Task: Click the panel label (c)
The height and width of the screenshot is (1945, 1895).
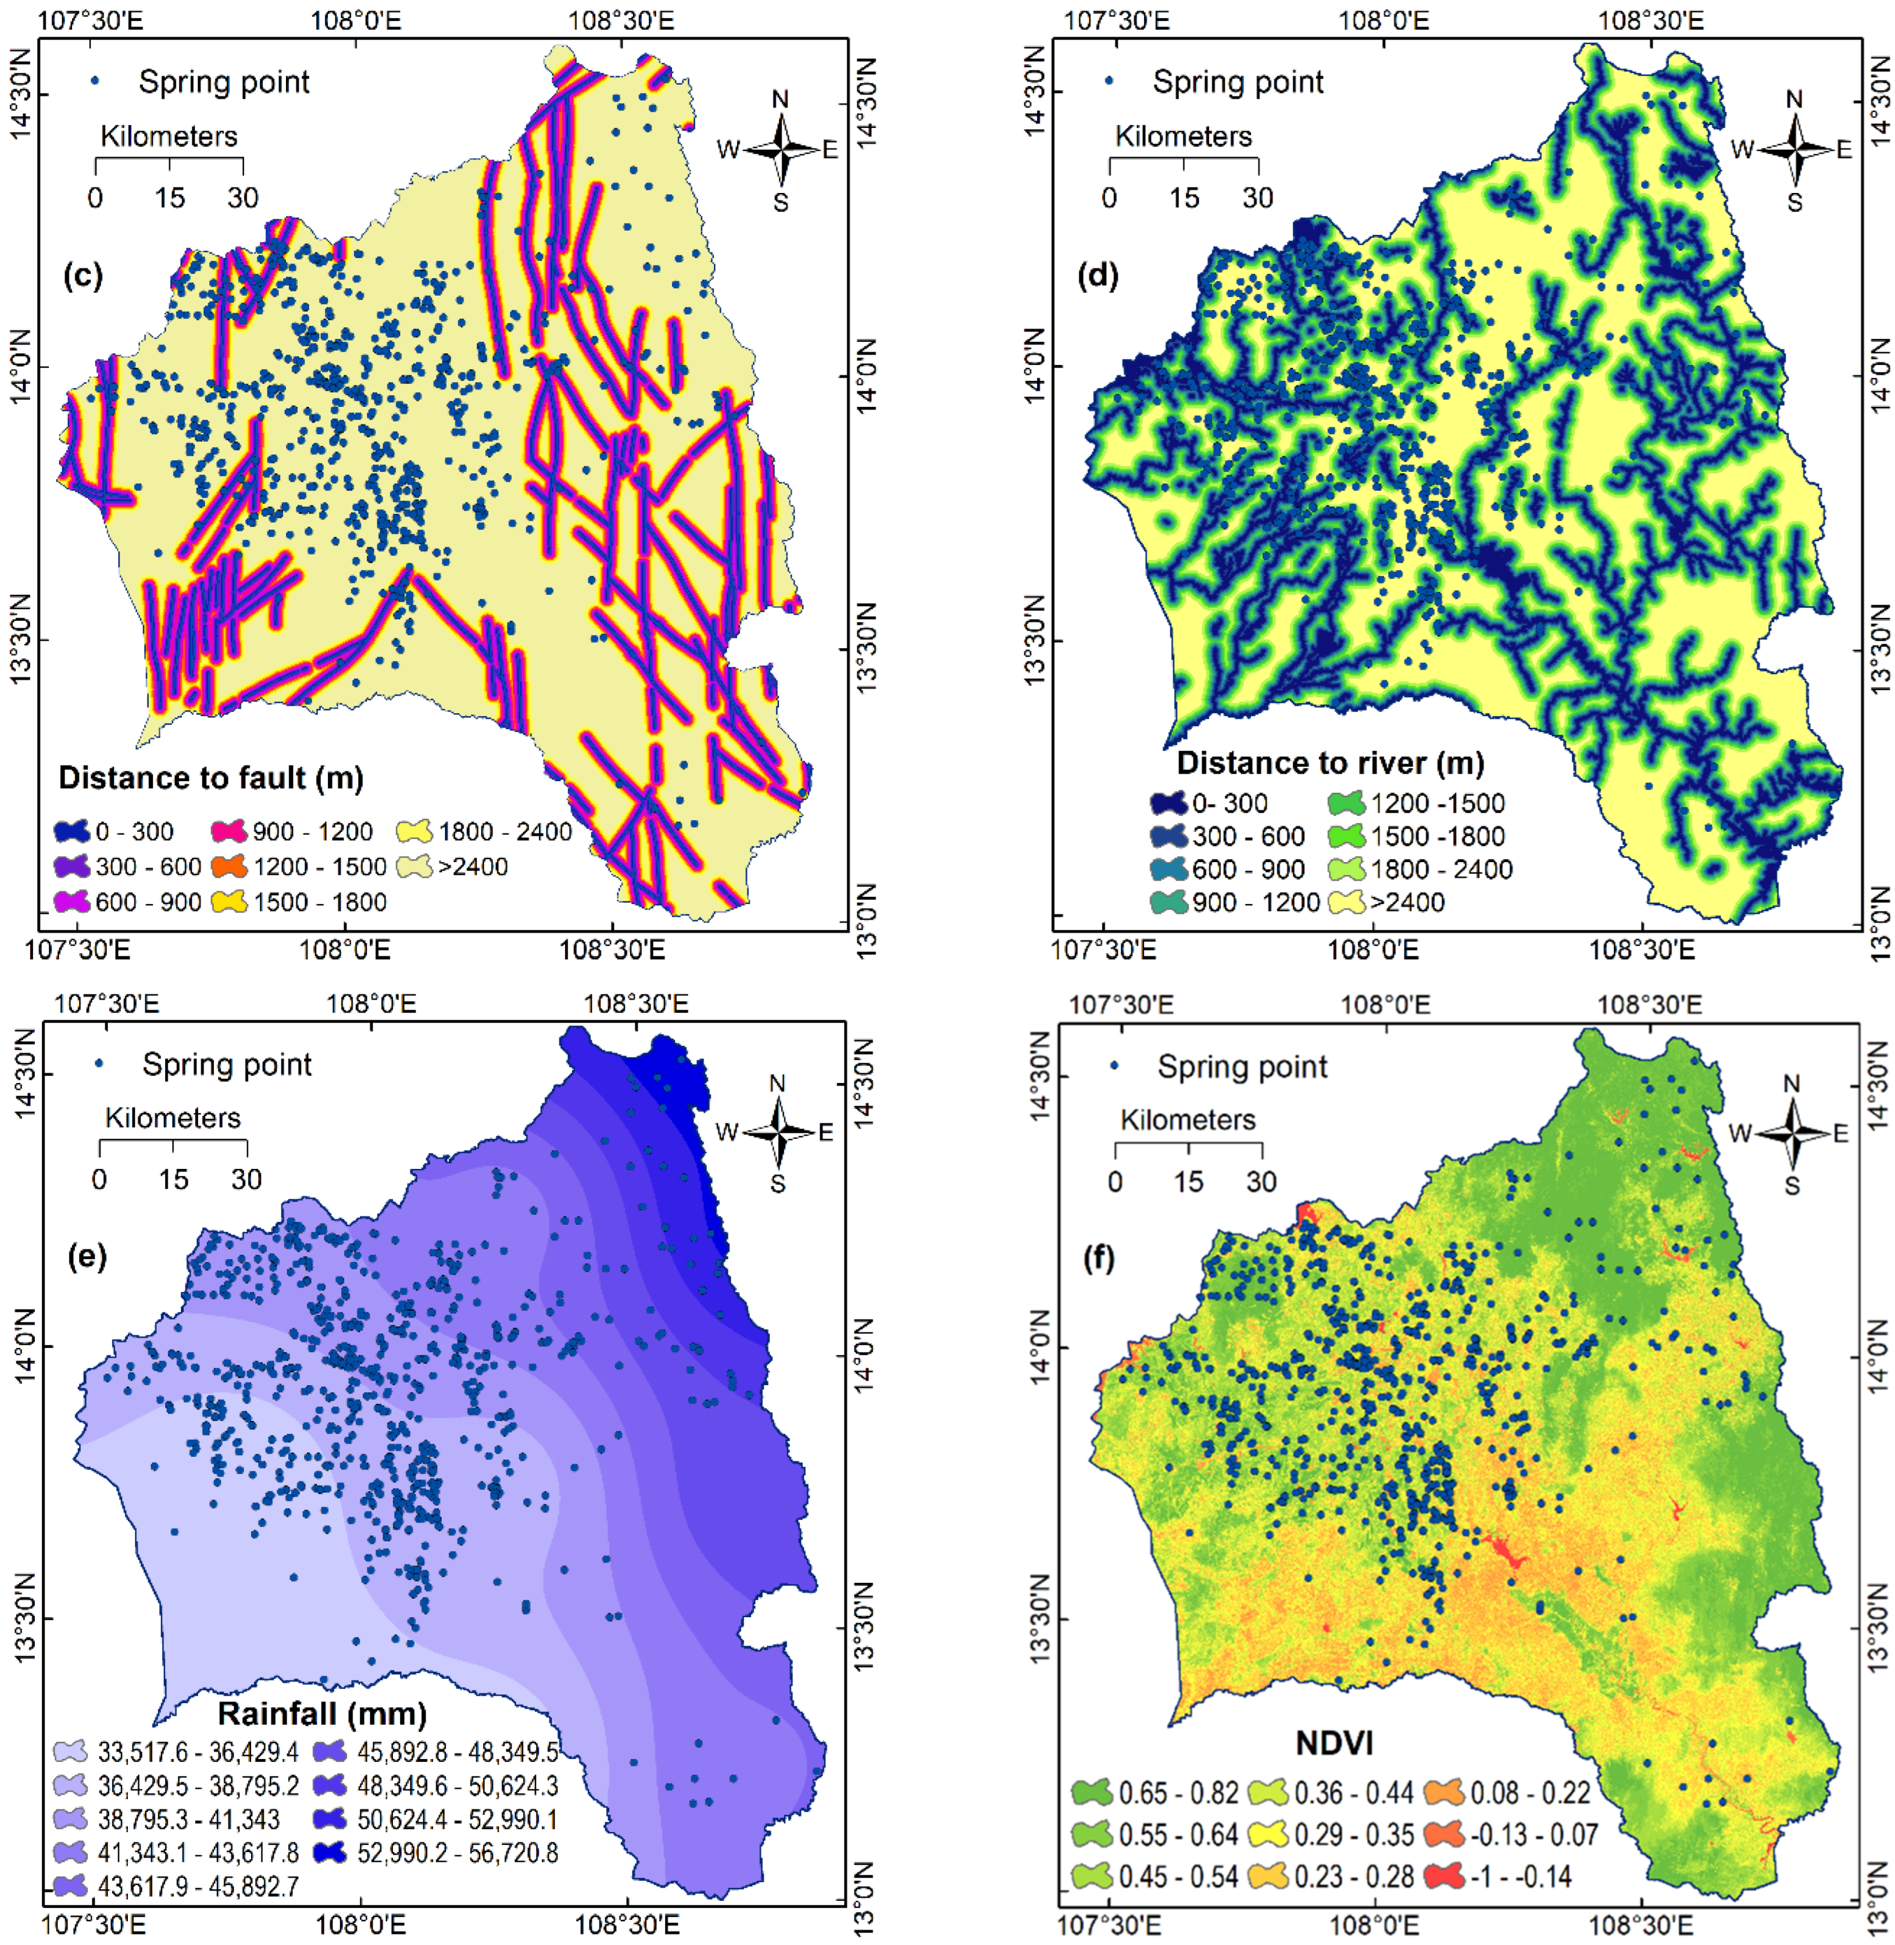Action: coord(83,276)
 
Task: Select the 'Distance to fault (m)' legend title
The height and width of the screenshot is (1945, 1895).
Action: coord(211,777)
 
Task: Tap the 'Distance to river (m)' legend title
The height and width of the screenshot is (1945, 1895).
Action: coord(1331,763)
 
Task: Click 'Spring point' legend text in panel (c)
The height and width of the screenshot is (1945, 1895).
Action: coord(224,81)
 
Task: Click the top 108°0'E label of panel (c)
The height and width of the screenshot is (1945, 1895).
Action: coord(356,19)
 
